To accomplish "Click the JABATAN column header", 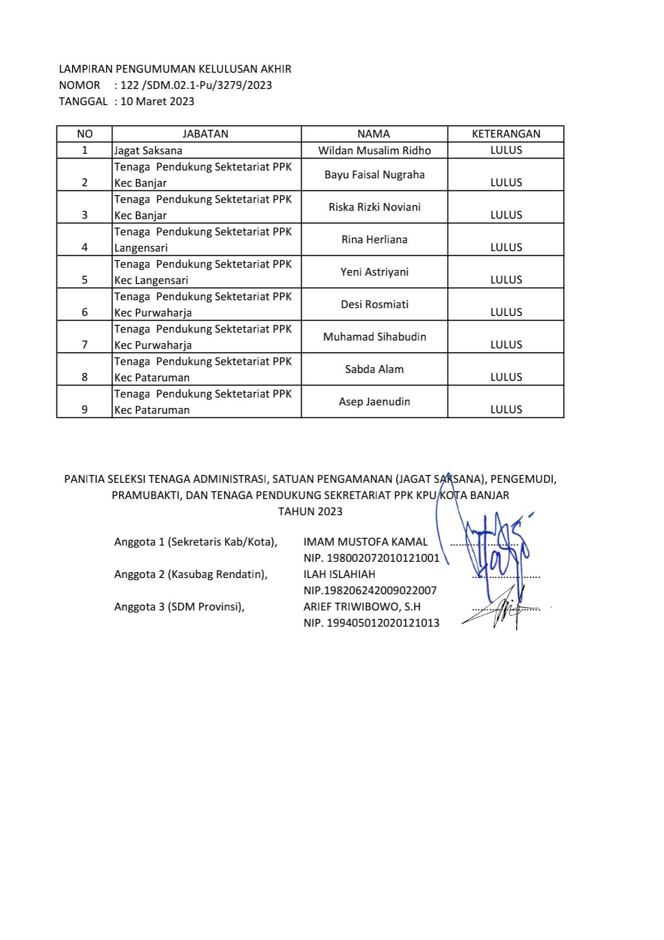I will point(205,134).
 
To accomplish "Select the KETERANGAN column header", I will point(506,134).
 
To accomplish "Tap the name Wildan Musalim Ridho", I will point(374,151).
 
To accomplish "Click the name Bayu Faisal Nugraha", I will point(374,175).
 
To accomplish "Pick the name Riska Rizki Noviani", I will point(374,207).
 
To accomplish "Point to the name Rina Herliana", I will point(374,240).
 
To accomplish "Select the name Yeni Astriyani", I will point(374,272).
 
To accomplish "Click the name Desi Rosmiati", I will point(374,304).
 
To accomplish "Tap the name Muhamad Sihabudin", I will point(374,337).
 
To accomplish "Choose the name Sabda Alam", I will point(374,369).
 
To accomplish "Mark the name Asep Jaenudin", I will point(374,402).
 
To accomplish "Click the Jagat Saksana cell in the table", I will point(148,151).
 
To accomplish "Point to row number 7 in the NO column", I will point(85,345).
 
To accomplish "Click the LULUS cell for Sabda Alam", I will point(506,377).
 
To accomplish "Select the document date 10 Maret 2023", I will point(157,101).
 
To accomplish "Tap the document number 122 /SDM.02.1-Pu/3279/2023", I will point(196,85).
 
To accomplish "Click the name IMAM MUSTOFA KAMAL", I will point(365,542).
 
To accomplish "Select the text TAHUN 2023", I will point(310,512).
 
